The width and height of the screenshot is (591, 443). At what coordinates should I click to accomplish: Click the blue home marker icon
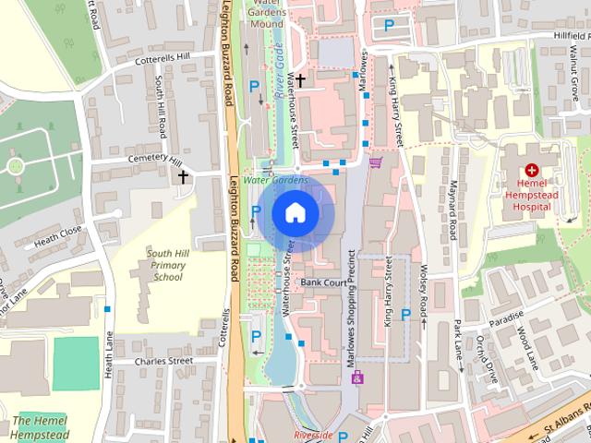[294, 213]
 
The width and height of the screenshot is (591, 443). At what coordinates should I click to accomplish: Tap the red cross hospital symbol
[532, 170]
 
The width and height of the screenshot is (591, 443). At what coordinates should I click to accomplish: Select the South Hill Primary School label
[168, 265]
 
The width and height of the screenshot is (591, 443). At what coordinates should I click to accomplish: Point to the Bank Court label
[323, 282]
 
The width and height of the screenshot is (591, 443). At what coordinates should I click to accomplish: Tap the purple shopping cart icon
[375, 162]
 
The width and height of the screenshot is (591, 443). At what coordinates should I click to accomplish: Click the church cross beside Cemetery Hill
[183, 175]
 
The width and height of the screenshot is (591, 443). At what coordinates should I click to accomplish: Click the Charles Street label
[163, 361]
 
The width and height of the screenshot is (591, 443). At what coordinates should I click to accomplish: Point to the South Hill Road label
[161, 110]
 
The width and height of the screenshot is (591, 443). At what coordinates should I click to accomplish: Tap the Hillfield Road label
[560, 34]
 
